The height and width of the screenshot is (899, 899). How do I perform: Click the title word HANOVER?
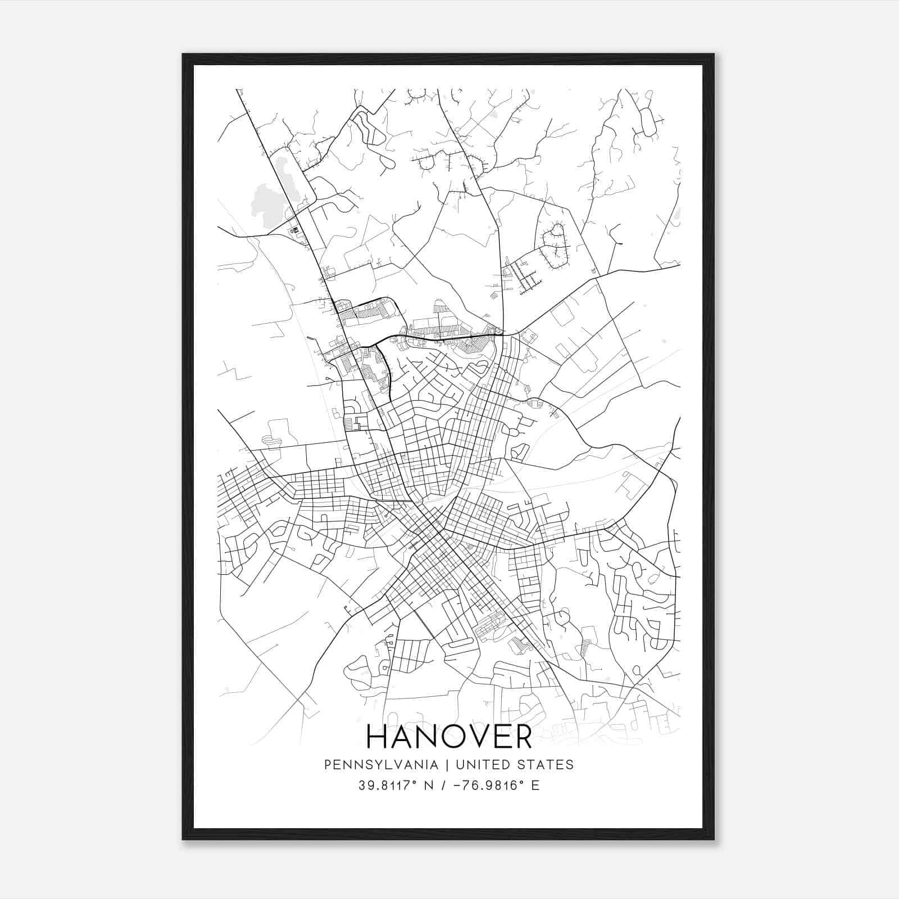point(449,737)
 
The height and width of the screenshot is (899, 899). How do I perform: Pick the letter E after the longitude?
point(535,786)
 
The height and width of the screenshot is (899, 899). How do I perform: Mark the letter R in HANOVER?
point(522,737)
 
